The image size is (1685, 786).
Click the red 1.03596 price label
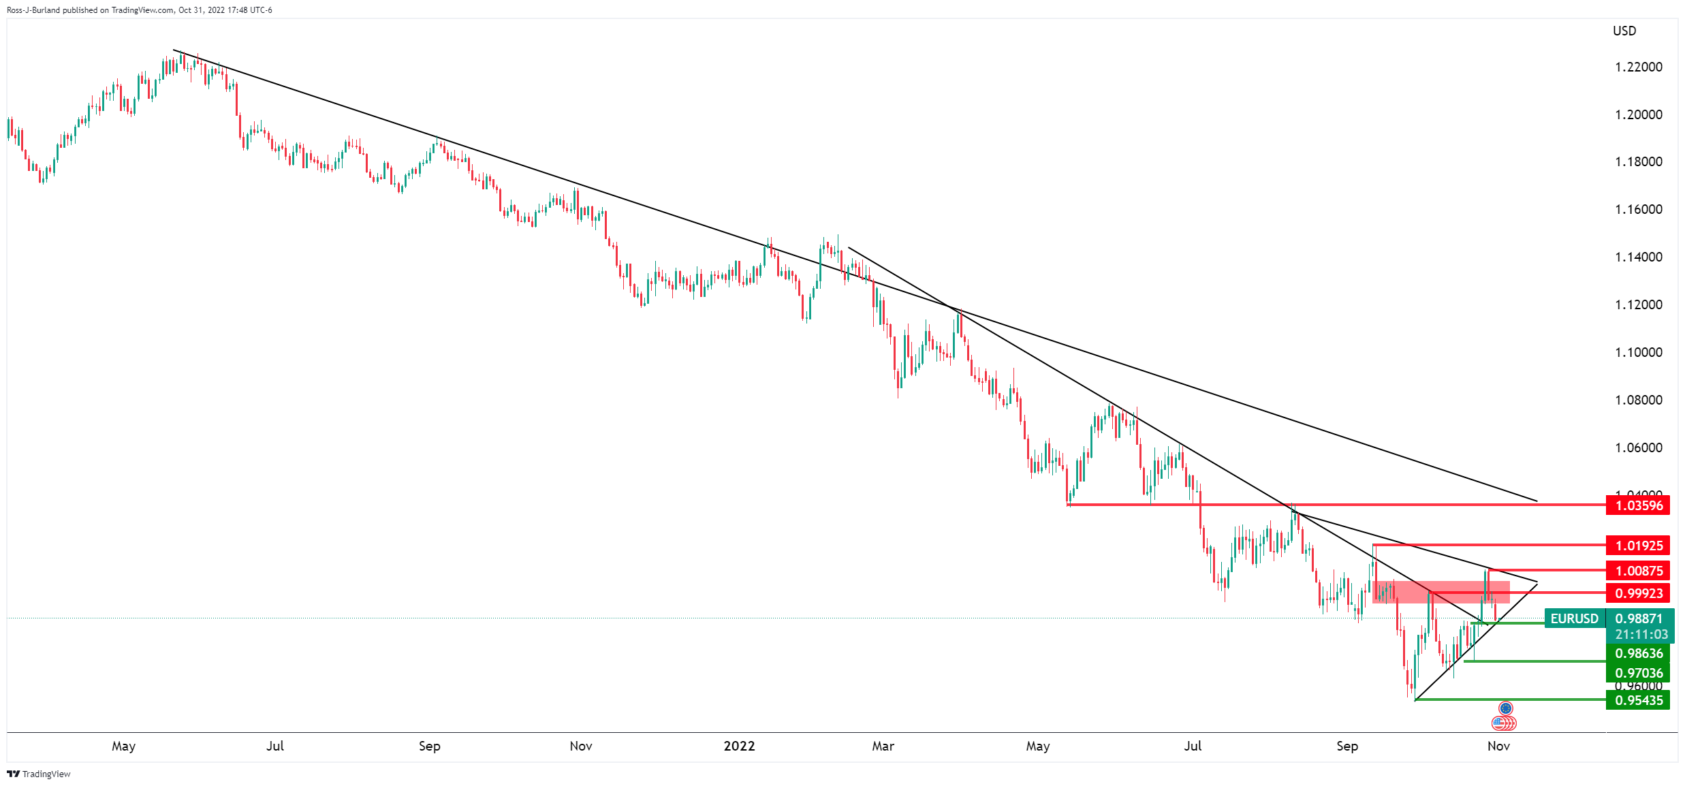pyautogui.click(x=1637, y=505)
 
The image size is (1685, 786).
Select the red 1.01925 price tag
pyautogui.click(x=1637, y=546)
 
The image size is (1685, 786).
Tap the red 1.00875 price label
pyautogui.click(x=1637, y=571)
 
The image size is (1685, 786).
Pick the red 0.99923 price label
pyautogui.click(x=1637, y=593)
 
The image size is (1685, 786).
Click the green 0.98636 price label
pyautogui.click(x=1637, y=653)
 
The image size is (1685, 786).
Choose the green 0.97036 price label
pyautogui.click(x=1637, y=673)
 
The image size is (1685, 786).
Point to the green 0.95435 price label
pyautogui.click(x=1637, y=700)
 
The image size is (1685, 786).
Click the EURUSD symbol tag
pyautogui.click(x=1574, y=618)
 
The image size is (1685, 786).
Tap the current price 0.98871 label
pyautogui.click(x=1639, y=618)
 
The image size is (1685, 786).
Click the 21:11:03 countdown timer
pyautogui.click(x=1641, y=635)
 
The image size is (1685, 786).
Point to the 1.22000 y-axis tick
pyautogui.click(x=1638, y=67)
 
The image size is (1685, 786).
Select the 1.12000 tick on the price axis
pyautogui.click(x=1638, y=304)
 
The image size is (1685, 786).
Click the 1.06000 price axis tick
pyautogui.click(x=1638, y=447)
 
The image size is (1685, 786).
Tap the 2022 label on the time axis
pyautogui.click(x=739, y=746)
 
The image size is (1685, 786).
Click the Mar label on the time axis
pyautogui.click(x=883, y=746)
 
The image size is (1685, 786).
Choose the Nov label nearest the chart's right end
pyautogui.click(x=1498, y=746)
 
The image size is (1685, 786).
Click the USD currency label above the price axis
pyautogui.click(x=1624, y=31)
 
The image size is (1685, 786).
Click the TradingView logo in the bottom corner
pyautogui.click(x=39, y=774)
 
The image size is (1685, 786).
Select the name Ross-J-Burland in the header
pyautogui.click(x=33, y=10)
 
